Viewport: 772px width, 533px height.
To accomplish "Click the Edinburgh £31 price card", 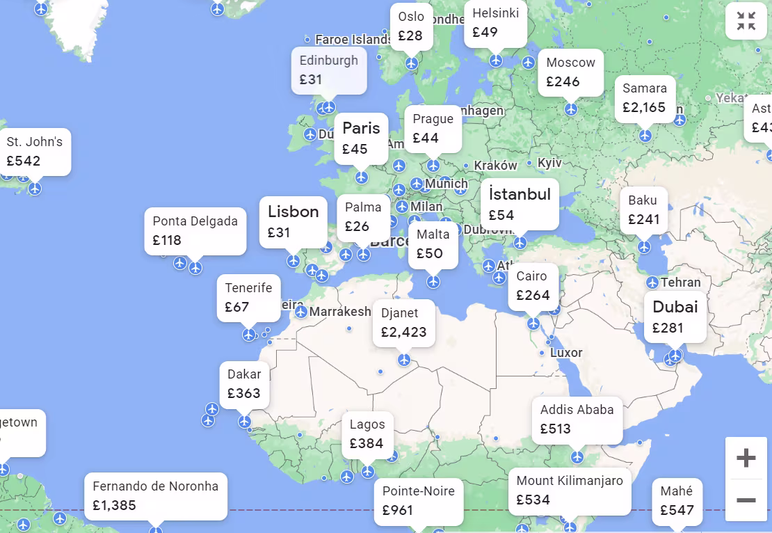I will [328, 70].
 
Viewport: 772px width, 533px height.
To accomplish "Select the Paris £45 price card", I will [361, 138].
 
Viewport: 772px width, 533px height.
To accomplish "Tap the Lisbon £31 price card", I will [293, 221].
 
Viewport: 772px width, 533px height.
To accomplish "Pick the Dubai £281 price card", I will [675, 317].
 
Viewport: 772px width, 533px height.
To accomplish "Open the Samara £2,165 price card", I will [644, 98].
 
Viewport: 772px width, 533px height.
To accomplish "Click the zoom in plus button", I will [746, 458].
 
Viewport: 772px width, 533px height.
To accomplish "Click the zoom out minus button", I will [746, 500].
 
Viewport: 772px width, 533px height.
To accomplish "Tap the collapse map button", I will [746, 22].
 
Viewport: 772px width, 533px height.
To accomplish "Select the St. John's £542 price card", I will [35, 151].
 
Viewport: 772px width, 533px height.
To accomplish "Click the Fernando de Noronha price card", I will [155, 496].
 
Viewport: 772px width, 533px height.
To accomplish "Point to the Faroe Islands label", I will [353, 40].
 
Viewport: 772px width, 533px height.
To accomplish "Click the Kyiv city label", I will [549, 163].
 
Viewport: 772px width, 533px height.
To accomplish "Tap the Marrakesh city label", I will [340, 312].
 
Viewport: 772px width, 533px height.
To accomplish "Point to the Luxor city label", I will [566, 353].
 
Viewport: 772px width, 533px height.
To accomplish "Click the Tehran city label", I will [680, 283].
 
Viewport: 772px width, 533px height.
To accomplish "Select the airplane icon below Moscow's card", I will [571, 109].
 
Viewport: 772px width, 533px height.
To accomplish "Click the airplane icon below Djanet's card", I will [404, 360].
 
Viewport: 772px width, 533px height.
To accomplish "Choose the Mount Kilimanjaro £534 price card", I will [569, 490].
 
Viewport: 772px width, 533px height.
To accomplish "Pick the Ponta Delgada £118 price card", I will [195, 230].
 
